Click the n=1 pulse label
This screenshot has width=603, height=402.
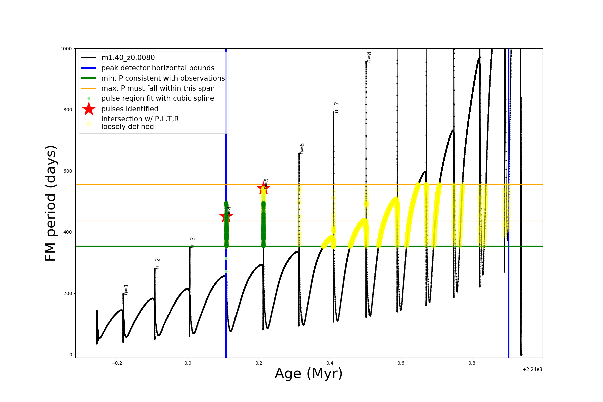[126, 289]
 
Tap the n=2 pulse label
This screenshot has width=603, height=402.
[158, 264]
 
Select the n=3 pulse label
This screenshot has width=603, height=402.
[193, 243]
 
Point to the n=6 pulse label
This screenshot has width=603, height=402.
[302, 149]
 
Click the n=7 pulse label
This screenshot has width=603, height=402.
[337, 107]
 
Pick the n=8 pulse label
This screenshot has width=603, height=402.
[369, 57]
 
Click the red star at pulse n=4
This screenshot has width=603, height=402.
[226, 216]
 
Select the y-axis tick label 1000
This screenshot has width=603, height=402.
[66, 49]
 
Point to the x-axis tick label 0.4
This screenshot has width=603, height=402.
[330, 363]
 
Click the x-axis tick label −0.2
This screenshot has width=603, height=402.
[116, 363]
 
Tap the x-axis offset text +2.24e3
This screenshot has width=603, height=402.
[532, 370]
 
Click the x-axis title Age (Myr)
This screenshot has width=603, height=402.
[309, 374]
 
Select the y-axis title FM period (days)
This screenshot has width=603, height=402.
[51, 203]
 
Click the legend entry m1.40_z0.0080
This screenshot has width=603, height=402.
[128, 58]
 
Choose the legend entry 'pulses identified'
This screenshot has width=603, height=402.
[130, 109]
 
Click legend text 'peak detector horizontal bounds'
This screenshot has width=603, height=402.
[157, 68]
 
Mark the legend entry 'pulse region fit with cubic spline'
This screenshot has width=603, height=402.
[157, 98]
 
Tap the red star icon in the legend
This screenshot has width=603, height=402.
[89, 109]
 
